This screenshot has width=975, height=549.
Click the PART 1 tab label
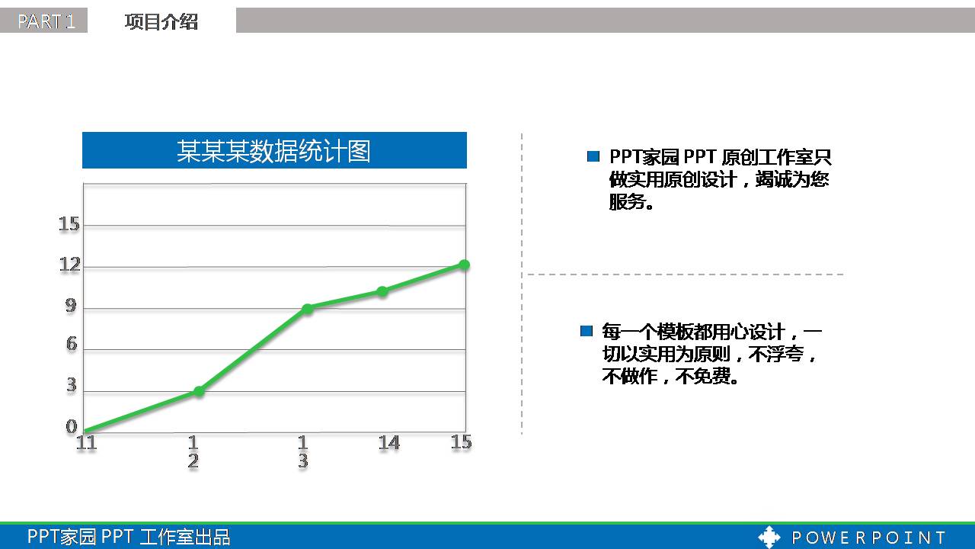pos(45,21)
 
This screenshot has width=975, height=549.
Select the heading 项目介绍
pos(161,22)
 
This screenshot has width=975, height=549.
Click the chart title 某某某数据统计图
pos(274,150)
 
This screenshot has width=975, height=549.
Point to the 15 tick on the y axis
pos(69,224)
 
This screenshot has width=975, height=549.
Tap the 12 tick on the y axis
pos(69,265)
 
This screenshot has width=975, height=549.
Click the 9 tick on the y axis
pos(71,307)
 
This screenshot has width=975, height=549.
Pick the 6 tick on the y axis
pos(72,345)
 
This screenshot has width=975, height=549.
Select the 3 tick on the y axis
pos(72,386)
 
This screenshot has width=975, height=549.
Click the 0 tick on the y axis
pos(72,427)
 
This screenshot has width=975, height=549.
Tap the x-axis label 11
pos(87,443)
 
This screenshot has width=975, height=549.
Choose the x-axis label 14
pos(388,443)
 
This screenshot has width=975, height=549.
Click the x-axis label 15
pos(461,442)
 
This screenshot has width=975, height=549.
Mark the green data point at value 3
pos(199,391)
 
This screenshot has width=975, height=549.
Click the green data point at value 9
pos(307,309)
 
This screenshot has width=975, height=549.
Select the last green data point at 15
pos(464,265)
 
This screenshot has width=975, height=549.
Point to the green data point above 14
pos(382,291)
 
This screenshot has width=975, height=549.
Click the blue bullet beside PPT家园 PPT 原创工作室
pos(593,157)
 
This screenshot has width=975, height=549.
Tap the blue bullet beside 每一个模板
pos(586,331)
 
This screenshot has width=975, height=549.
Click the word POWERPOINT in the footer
pos(868,538)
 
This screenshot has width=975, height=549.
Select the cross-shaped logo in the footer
pos(769,537)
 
